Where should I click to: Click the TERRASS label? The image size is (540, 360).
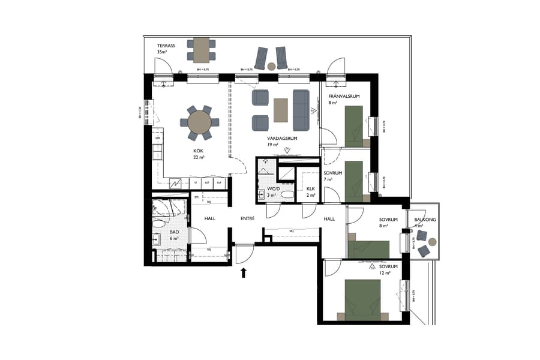pos(166,46)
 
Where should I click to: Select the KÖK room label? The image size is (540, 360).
pos(198,152)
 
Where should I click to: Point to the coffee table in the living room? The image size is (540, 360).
pos(281,110)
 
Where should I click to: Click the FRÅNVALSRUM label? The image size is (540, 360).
pos(343,96)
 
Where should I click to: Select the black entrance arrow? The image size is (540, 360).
pos(244,274)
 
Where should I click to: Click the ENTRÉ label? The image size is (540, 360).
pos(248,218)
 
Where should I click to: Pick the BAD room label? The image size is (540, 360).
pos(175,232)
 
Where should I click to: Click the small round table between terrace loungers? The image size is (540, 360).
pos(271,66)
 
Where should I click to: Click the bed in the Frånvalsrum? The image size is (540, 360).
pos(355,125)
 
